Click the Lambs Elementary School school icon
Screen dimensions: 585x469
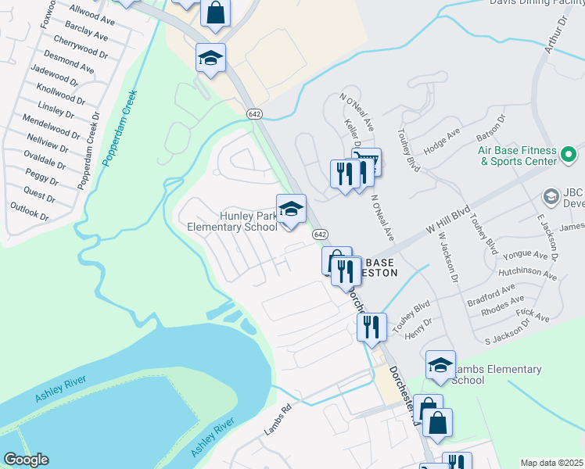click(440, 366)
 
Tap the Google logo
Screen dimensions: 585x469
click(26, 460)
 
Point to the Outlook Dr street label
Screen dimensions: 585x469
click(29, 210)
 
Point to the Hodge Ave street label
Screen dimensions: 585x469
click(443, 139)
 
